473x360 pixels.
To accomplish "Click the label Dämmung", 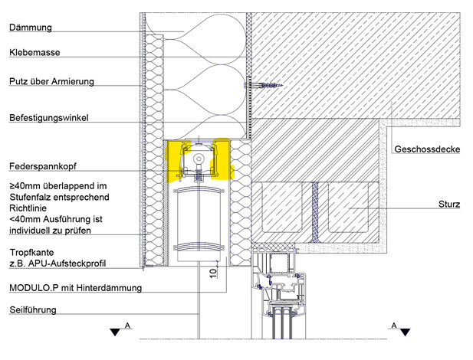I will click(30, 28).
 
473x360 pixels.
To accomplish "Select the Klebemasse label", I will click(34, 54).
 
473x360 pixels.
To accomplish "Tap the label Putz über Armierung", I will click(51, 80).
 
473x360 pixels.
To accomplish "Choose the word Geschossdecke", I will click(425, 149).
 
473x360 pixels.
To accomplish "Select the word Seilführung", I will click(34, 309).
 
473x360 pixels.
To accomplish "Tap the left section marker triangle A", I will click(115, 331).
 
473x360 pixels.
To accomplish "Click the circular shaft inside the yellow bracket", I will click(199, 159).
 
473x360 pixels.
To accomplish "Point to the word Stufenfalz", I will click(34, 196).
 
